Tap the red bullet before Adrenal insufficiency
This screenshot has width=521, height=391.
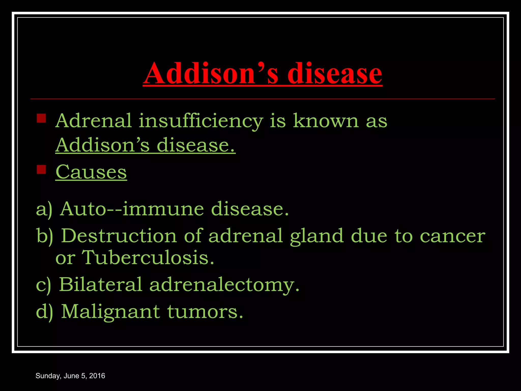click(x=41, y=118)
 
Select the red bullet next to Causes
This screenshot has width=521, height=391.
click(x=41, y=169)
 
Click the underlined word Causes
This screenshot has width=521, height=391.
click(x=91, y=172)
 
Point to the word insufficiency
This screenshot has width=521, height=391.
click(x=201, y=121)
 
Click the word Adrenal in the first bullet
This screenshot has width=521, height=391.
click(x=94, y=121)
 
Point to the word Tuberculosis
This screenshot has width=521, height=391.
click(x=148, y=258)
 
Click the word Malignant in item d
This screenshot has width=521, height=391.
click(x=111, y=312)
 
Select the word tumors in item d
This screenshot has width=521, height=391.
click(x=205, y=312)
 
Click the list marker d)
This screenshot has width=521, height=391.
click(x=45, y=312)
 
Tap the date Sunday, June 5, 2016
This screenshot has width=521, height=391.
click(x=70, y=376)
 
